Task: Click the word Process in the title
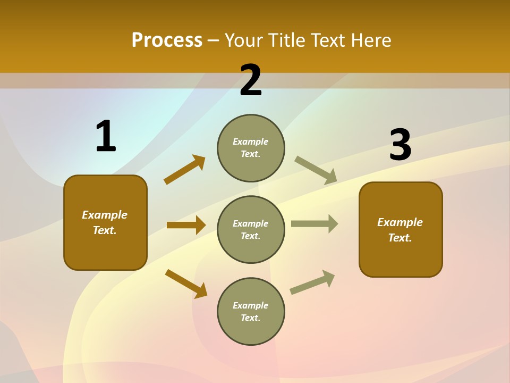pyautogui.click(x=167, y=40)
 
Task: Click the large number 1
pyautogui.click(x=106, y=137)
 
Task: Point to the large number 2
pyautogui.click(x=251, y=80)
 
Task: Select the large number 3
pyautogui.click(x=400, y=146)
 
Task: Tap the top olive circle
pyautogui.click(x=251, y=148)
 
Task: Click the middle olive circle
pyautogui.click(x=251, y=229)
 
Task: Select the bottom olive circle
pyautogui.click(x=251, y=311)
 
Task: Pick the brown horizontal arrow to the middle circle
pyautogui.click(x=186, y=225)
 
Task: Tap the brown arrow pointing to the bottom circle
pyautogui.click(x=186, y=284)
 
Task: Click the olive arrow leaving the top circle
pyautogui.click(x=316, y=170)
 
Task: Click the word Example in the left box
pyautogui.click(x=105, y=215)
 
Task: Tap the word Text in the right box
pyautogui.click(x=399, y=238)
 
